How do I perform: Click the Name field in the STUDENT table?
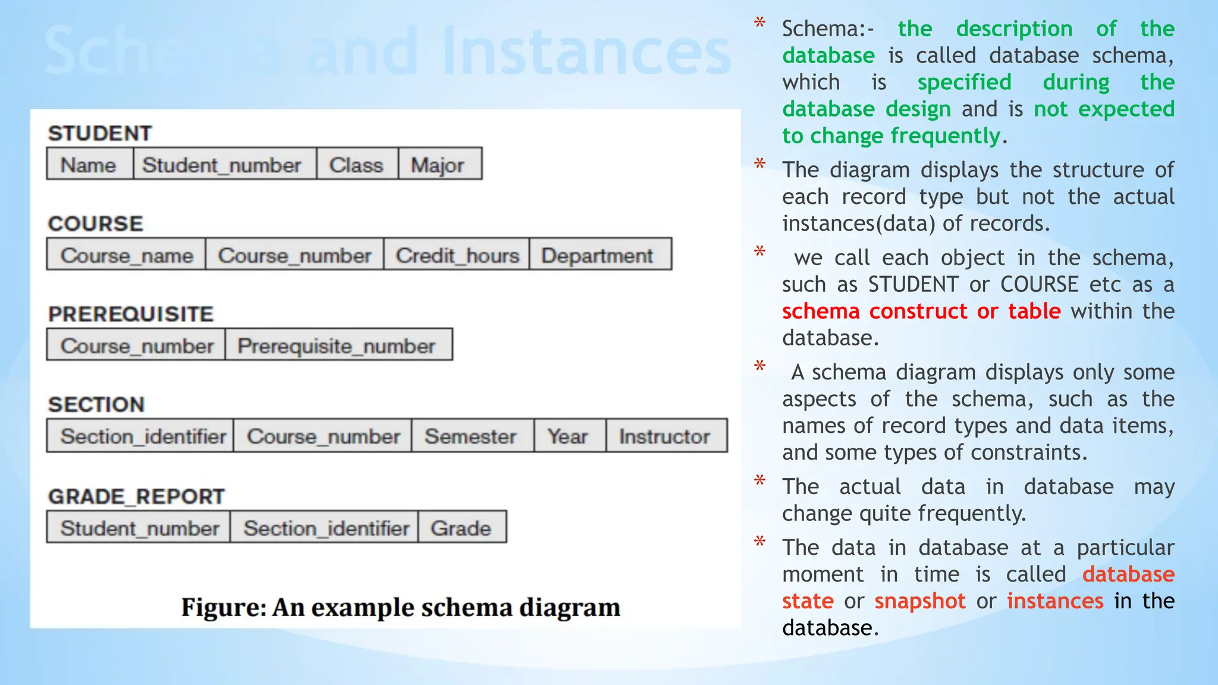[x=89, y=164]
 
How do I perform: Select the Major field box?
[x=439, y=164]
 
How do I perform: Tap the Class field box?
[x=357, y=164]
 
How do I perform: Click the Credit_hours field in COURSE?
[x=457, y=255]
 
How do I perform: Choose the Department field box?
[x=599, y=255]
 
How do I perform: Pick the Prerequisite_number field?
[x=338, y=345]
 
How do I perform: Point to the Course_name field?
[x=127, y=255]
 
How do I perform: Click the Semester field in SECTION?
[x=471, y=436]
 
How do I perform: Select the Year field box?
[x=569, y=436]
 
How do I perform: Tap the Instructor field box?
[x=665, y=436]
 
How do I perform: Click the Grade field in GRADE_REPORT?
[x=462, y=527]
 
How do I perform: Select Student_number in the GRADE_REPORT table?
[x=139, y=527]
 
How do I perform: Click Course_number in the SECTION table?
[x=323, y=436]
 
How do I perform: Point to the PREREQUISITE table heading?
[x=131, y=314]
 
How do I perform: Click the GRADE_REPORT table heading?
[x=137, y=496]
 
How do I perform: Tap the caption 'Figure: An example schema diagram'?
[x=401, y=607]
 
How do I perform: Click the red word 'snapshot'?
[x=920, y=601]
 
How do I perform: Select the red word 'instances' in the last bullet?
[x=1055, y=601]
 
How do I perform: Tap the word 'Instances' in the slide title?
[x=586, y=51]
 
